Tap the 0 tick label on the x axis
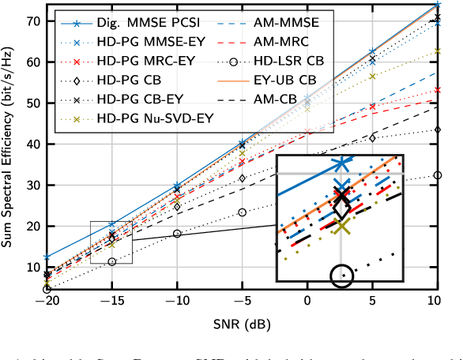point(307,302)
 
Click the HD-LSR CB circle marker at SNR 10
point(438,175)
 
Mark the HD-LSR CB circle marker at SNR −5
point(243,212)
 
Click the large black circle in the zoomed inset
point(342,276)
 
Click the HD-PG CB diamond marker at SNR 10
point(438,129)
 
